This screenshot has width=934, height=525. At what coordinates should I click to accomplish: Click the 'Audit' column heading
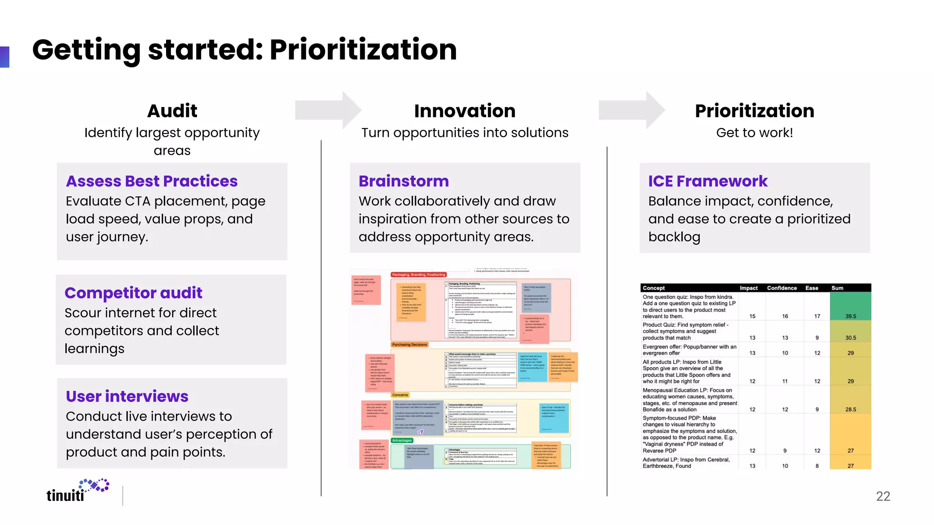(172, 111)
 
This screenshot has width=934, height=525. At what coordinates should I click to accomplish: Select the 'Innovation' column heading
(465, 111)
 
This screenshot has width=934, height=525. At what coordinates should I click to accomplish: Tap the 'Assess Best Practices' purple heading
(152, 181)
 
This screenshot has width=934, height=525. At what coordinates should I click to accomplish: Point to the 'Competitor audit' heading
(133, 293)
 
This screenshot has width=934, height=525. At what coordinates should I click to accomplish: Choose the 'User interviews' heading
(127, 396)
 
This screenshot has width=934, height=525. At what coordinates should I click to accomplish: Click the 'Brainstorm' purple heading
(404, 181)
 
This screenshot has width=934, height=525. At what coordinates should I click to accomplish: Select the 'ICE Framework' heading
(708, 181)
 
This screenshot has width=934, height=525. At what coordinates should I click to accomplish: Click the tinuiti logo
(78, 491)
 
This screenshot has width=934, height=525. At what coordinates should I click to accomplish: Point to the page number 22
(883, 496)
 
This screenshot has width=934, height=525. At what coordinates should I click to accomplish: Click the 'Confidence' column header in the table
(782, 288)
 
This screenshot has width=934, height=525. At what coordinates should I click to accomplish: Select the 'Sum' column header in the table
(837, 288)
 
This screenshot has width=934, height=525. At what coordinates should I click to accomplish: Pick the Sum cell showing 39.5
(851, 316)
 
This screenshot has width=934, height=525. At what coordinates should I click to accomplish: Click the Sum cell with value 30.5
(851, 338)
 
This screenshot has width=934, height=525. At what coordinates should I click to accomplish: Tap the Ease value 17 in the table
(817, 316)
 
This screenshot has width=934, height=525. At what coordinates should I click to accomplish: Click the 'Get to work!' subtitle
(754, 133)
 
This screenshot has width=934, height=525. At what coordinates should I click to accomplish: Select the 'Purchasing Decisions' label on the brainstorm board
(410, 345)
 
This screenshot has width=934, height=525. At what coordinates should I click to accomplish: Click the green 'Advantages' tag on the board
(402, 440)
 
